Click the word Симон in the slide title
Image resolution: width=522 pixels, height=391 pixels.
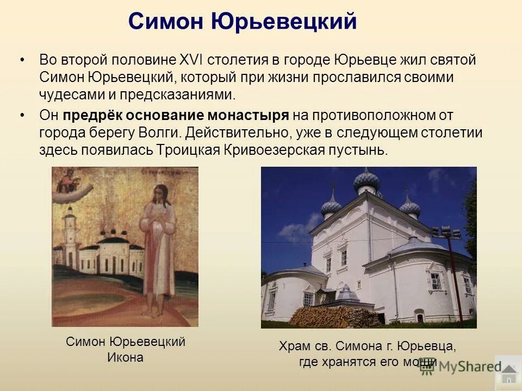(x=165, y=22)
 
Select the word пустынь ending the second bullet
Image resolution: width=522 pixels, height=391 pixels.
(x=360, y=150)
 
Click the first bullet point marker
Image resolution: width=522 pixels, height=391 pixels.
(x=22, y=60)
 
